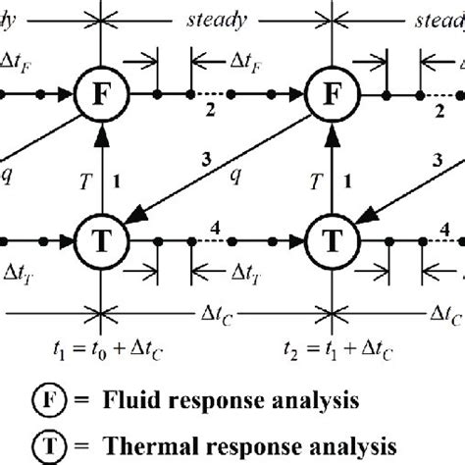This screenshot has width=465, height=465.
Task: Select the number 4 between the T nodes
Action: click(214, 225)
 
